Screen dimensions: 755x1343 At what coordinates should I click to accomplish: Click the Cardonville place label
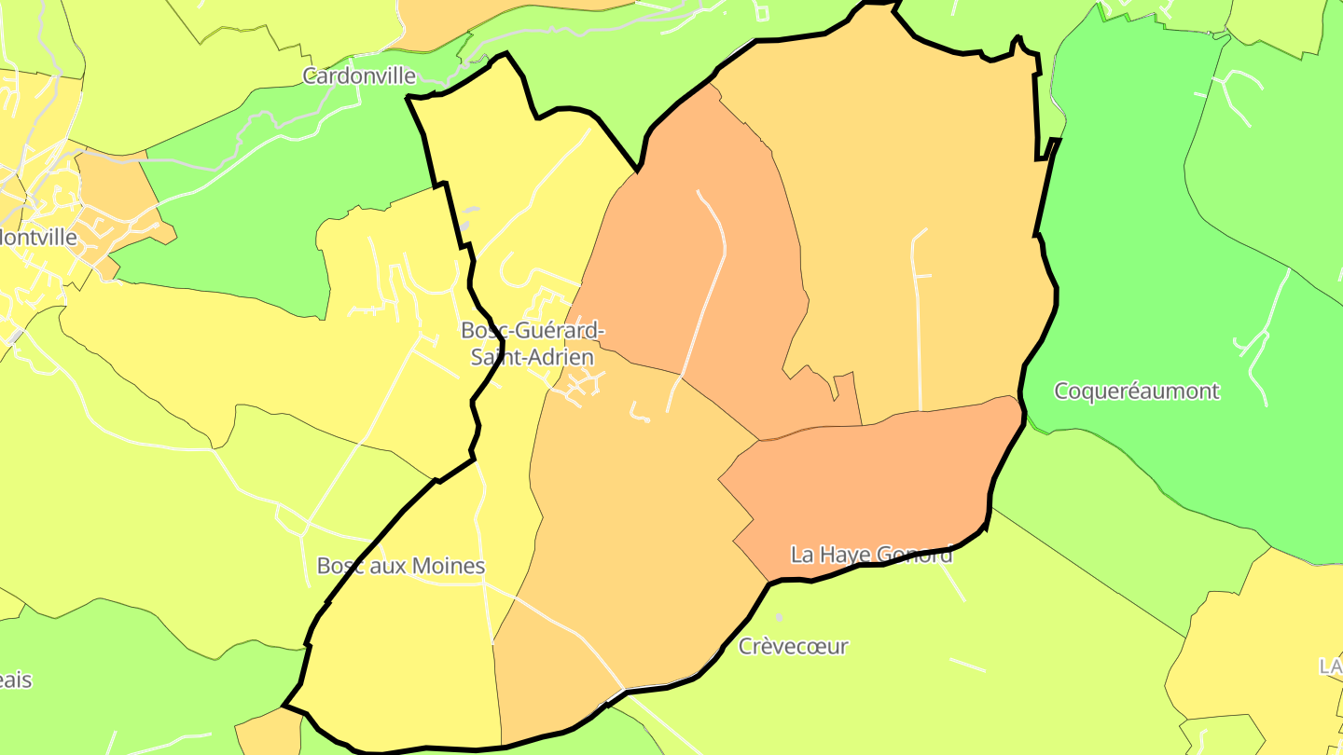[x=359, y=75]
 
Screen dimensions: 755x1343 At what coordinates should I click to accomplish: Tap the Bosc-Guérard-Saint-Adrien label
[x=533, y=343]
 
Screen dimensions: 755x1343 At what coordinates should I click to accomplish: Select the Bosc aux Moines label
[x=401, y=566]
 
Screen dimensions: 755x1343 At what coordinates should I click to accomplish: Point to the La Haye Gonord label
[x=871, y=555]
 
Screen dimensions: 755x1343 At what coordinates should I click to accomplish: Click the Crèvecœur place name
[x=794, y=646]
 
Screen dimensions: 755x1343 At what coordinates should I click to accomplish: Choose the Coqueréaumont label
[x=1136, y=391]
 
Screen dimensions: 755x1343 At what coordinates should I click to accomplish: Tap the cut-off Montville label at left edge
[x=38, y=237]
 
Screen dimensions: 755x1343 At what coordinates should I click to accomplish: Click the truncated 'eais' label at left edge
[x=16, y=679]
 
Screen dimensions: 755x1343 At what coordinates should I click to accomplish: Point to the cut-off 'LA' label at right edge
[x=1330, y=666]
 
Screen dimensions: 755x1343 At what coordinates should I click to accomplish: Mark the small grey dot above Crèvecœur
[x=780, y=617]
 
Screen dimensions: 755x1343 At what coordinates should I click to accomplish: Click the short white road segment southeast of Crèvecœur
[x=967, y=665]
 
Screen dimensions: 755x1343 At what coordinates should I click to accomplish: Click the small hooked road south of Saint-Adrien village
[x=640, y=413]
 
